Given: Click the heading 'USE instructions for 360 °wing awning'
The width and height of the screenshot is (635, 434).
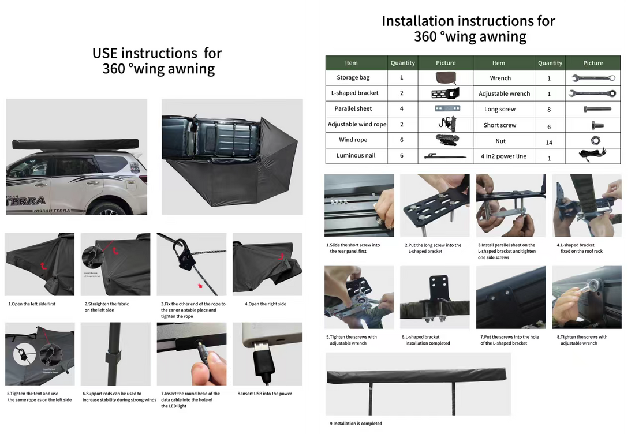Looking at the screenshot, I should pyautogui.click(x=157, y=61).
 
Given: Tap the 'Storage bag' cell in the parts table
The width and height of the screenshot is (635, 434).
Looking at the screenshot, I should pyautogui.click(x=353, y=77).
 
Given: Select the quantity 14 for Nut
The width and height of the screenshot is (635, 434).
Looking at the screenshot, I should pyautogui.click(x=549, y=142).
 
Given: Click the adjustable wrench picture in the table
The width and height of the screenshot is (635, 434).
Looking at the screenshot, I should pyautogui.click(x=592, y=93).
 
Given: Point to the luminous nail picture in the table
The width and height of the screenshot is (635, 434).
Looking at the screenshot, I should pyautogui.click(x=445, y=156).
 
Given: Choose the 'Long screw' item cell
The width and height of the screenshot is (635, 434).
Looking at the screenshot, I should pyautogui.click(x=499, y=109).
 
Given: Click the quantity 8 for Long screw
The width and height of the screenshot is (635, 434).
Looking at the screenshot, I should pyautogui.click(x=549, y=110).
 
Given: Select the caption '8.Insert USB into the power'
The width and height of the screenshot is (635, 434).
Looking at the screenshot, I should pyautogui.click(x=264, y=394).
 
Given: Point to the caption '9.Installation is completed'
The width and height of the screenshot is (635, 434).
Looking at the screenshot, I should pyautogui.click(x=356, y=424).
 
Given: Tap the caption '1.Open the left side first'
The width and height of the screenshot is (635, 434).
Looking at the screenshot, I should pyautogui.click(x=32, y=304).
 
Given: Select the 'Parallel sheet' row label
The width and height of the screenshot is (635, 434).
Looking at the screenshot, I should pyautogui.click(x=353, y=108).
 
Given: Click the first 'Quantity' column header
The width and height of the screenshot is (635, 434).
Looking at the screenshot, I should pyautogui.click(x=402, y=63).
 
